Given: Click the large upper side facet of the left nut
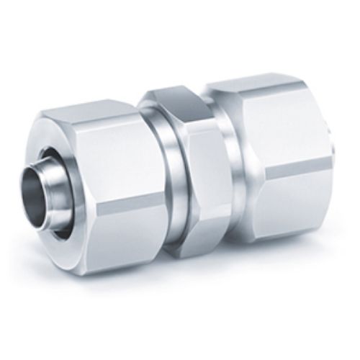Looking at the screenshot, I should (108, 155).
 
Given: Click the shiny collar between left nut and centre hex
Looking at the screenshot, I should (156, 180).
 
